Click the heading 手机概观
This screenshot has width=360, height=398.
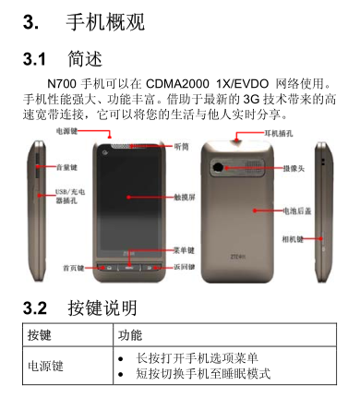pos(105,22)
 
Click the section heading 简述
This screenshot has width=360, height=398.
pos(85,59)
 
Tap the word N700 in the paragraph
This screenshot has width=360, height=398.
pos(62,84)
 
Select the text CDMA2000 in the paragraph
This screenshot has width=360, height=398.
pos(177,84)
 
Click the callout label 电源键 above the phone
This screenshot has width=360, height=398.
pos(66,131)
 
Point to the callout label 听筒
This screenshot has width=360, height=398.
pos(182,147)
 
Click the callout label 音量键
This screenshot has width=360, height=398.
pos(66,167)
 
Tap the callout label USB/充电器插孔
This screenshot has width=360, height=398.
pos(70,197)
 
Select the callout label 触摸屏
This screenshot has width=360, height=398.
pos(185,198)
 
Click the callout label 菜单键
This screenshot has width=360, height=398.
pos(184,250)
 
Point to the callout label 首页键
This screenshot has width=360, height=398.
pos(74,268)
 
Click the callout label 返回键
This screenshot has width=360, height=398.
pos(185,267)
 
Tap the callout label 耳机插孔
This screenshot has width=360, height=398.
pos(279,133)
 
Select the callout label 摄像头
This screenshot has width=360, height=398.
pos(294,168)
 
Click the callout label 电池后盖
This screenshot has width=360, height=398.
pos(297,211)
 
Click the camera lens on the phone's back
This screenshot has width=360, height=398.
pos(218,167)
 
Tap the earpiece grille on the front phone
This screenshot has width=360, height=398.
pos(128,146)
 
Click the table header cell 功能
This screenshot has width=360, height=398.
pos(130,335)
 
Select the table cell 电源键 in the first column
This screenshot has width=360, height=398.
pos(45,366)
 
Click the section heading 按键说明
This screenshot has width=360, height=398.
pos(102,308)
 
